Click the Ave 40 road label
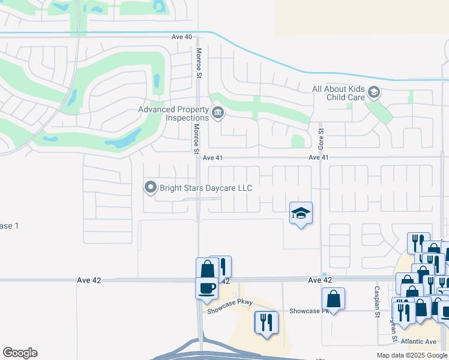pyautogui.click(x=181, y=37)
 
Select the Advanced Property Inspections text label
pyautogui.click(x=173, y=113)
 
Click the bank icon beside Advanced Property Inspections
pyautogui.click(x=217, y=112)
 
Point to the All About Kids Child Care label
pyautogui.click(x=339, y=92)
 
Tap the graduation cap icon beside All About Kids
pyautogui.click(x=373, y=92)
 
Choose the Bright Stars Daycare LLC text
pyautogui.click(x=206, y=188)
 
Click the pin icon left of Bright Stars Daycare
pyautogui.click(x=150, y=188)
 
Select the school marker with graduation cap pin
pyautogui.click(x=301, y=213)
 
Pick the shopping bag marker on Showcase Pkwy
pyautogui.click(x=333, y=299)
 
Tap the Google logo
pyautogui.click(x=20, y=353)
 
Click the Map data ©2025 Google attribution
pyautogui.click(x=412, y=355)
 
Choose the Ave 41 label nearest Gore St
pyautogui.click(x=319, y=157)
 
